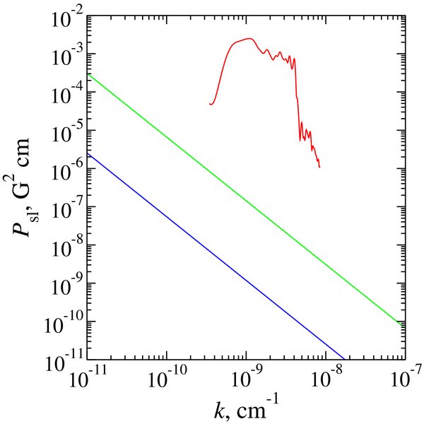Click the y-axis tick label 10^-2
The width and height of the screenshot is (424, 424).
[x=67, y=16]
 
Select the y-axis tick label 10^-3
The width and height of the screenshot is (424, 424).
[x=67, y=54]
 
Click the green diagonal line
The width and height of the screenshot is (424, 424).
[x=244, y=199]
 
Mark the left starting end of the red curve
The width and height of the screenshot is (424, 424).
[x=210, y=105]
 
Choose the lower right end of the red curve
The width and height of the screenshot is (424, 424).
[x=320, y=167]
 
